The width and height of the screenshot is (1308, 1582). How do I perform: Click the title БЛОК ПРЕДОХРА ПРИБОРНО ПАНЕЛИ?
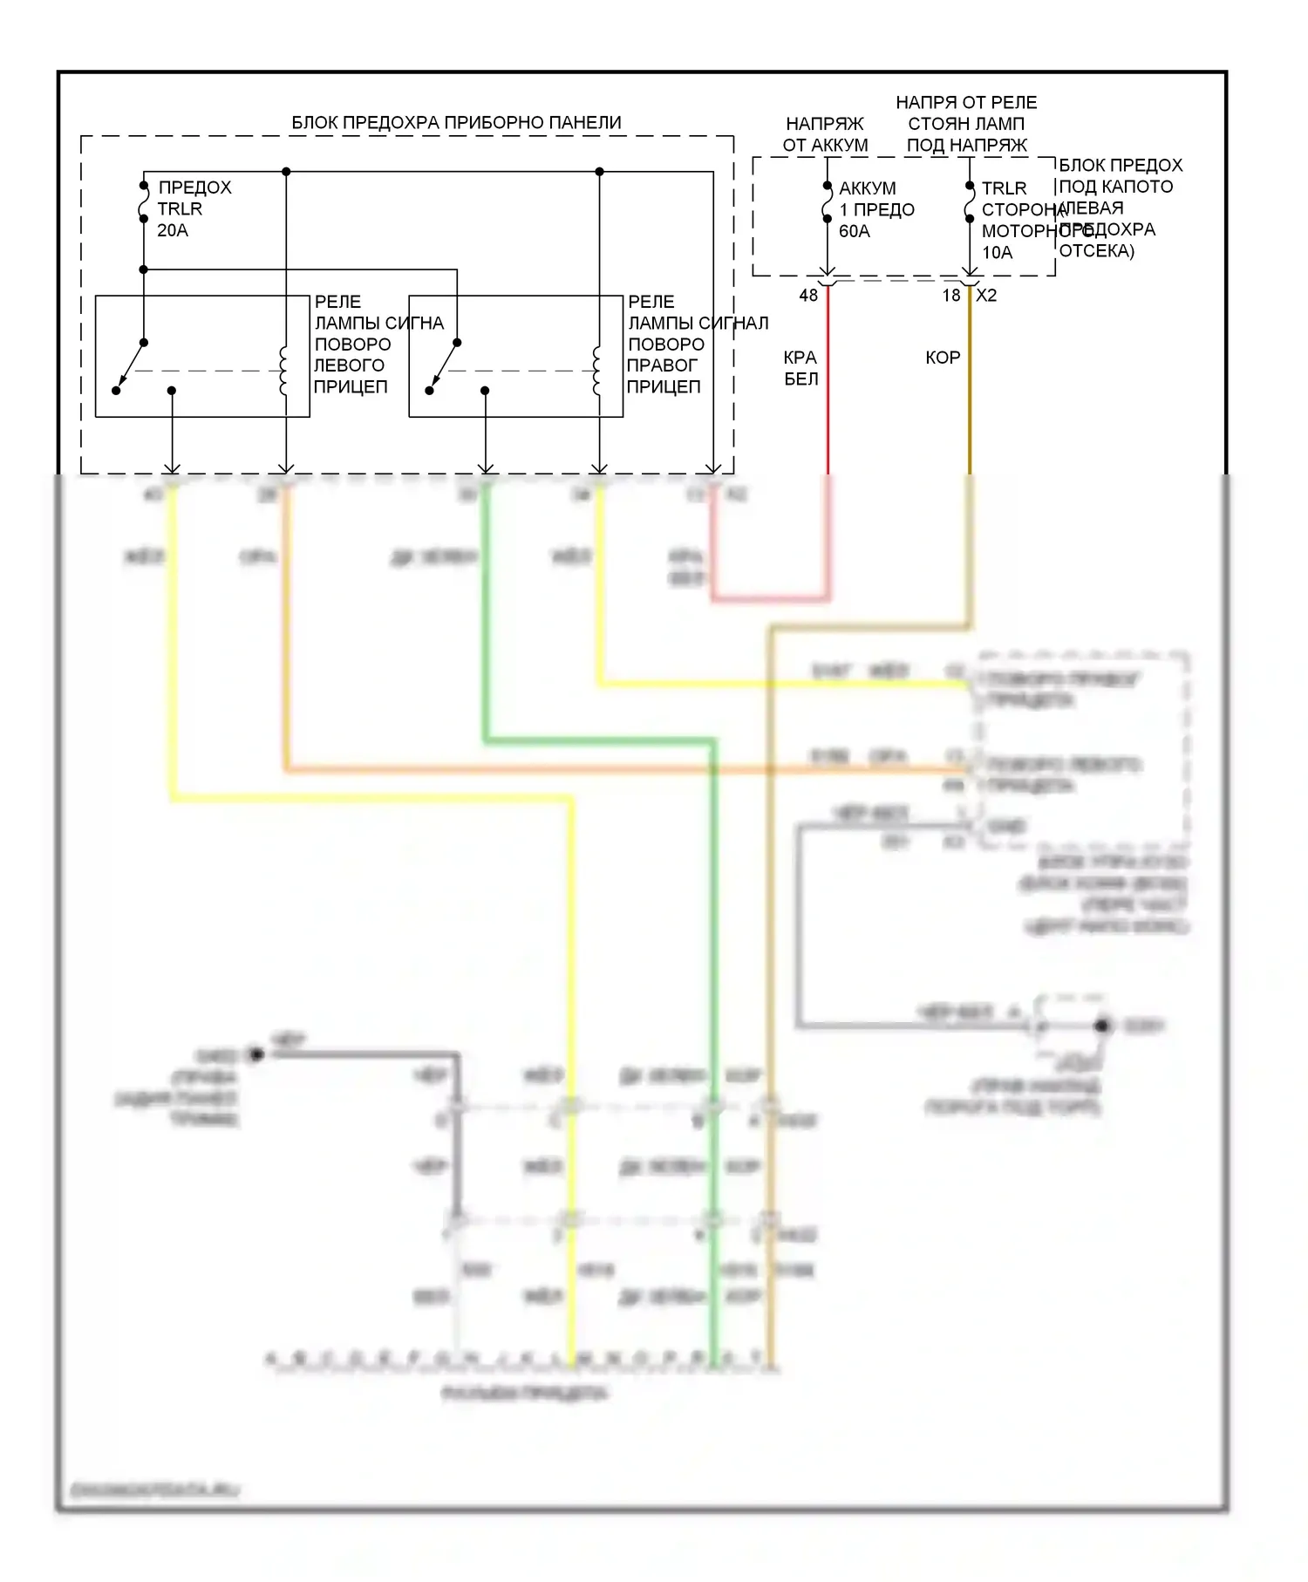coord(456,123)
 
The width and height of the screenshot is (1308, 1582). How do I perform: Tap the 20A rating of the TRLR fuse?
coord(172,230)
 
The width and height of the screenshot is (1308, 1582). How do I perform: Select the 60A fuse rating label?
coord(854,231)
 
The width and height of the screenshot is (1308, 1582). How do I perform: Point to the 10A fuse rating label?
coord(997,253)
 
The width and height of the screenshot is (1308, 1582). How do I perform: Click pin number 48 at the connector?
coord(808,296)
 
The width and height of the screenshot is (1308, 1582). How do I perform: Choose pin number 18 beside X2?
coord(950,296)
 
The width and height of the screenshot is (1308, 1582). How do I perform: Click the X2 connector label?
coord(986,296)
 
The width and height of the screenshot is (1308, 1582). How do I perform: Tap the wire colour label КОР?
coord(943,358)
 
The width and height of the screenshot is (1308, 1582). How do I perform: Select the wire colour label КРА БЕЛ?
coord(800,368)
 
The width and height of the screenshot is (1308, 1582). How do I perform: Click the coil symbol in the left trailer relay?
coord(283,372)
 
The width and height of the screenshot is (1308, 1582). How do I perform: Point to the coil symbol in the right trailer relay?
coord(597,372)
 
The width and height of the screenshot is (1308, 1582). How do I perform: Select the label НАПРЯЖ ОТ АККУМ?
coord(825,134)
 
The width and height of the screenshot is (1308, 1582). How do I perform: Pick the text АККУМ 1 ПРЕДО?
coord(875,199)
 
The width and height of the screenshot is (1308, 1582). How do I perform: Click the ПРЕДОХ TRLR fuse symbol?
coord(144,202)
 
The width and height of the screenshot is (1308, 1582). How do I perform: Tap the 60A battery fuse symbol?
coord(828,202)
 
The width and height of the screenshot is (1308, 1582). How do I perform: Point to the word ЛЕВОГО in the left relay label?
coord(349,365)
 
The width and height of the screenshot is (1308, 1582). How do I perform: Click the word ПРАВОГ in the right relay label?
coord(662,365)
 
